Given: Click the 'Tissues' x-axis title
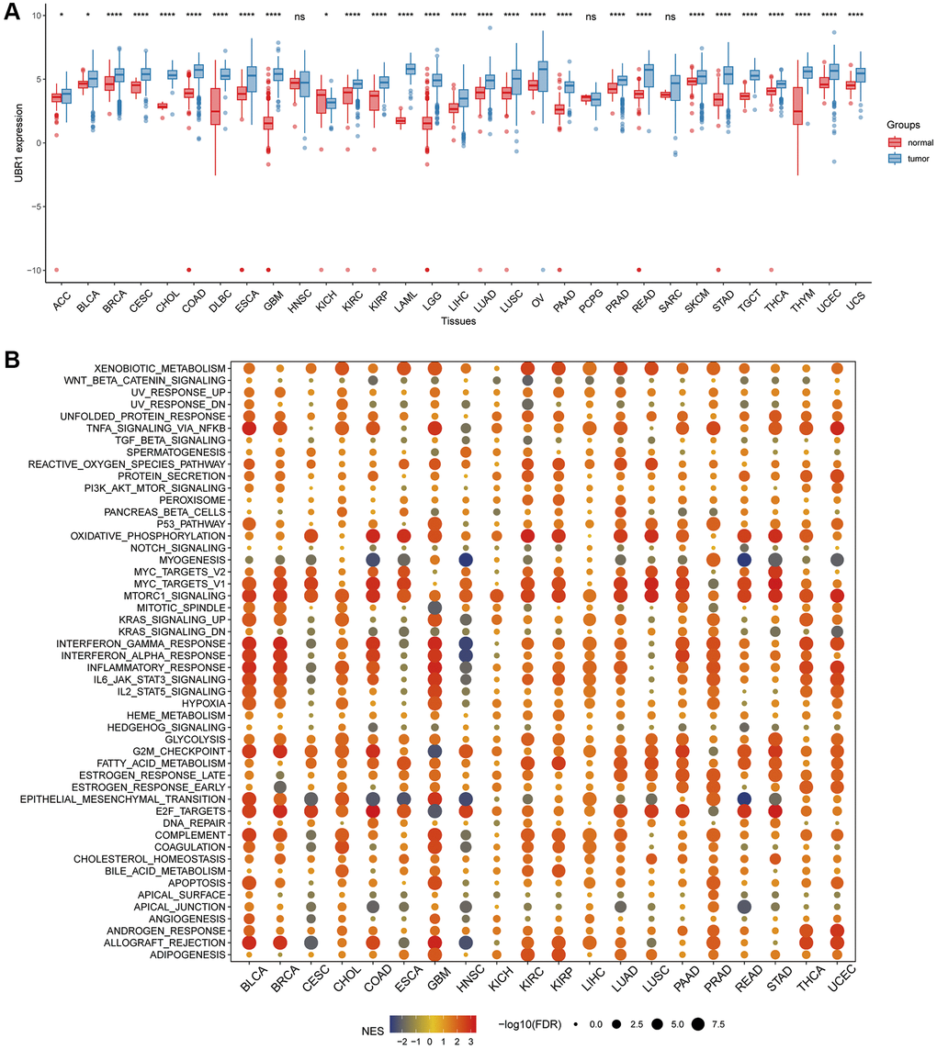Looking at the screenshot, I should click(458, 321).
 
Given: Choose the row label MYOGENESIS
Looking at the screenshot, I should click(193, 559).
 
